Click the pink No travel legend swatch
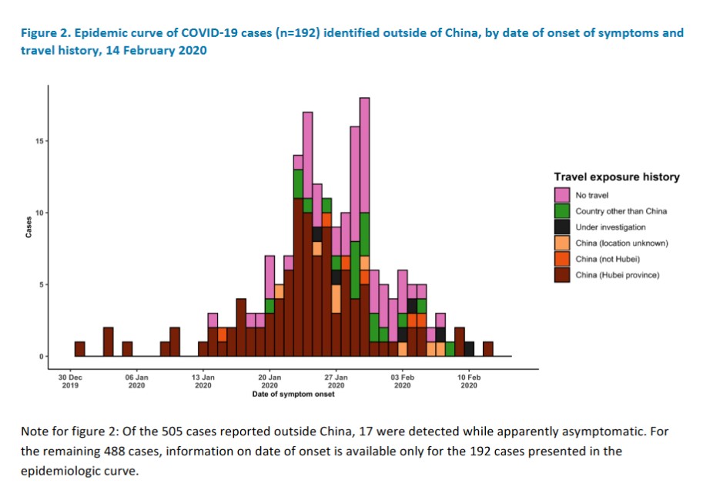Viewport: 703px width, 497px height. (562, 194)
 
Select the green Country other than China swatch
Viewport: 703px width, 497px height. (562, 210)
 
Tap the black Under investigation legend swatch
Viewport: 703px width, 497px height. (562, 227)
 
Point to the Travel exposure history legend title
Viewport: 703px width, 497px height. (616, 177)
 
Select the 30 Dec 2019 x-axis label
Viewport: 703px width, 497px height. (70, 381)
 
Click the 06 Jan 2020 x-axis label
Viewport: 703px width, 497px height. (136, 381)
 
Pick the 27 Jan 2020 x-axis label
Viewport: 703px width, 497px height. (336, 381)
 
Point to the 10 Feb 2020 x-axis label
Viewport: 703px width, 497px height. (469, 381)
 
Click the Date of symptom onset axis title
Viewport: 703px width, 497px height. (293, 395)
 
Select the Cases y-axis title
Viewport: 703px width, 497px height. (28, 229)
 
